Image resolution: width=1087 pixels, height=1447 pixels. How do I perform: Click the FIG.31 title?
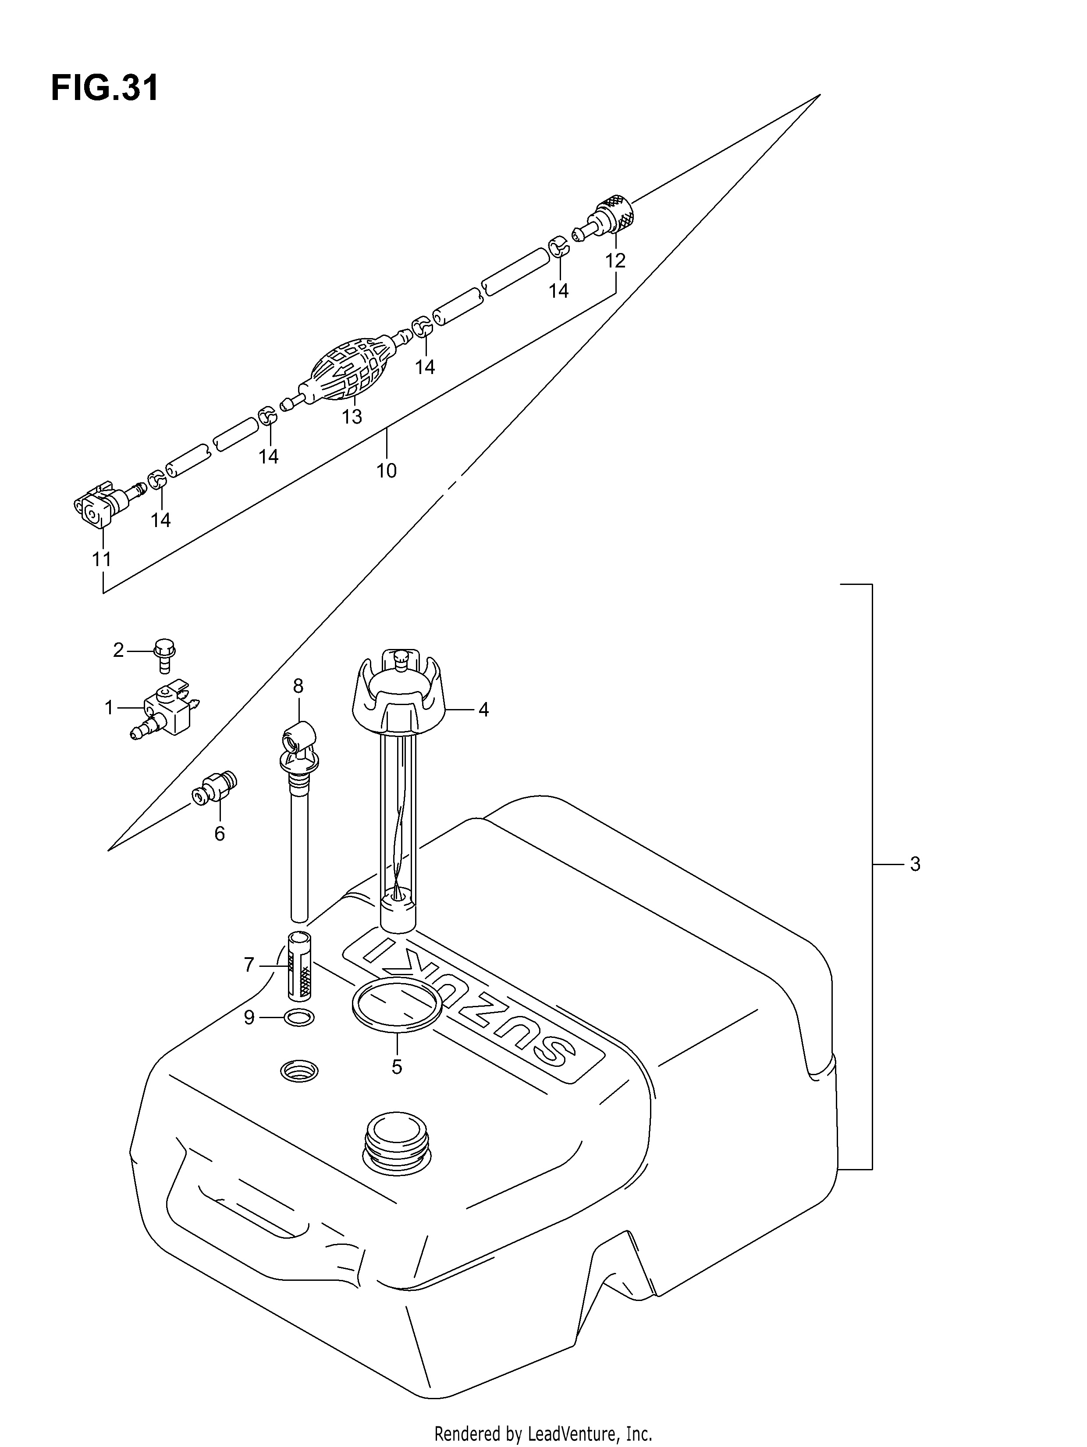(x=105, y=88)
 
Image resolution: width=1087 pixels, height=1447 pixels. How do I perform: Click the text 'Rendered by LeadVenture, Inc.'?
(x=543, y=1429)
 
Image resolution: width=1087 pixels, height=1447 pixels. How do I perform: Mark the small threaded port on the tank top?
(x=299, y=1071)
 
